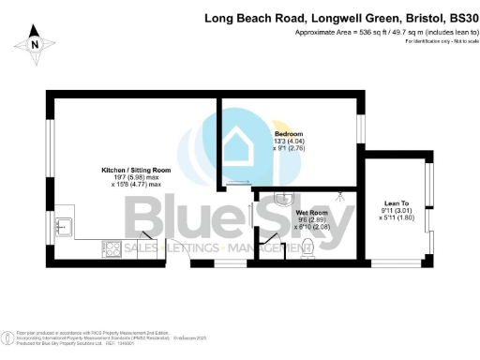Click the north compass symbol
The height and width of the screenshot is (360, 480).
35,42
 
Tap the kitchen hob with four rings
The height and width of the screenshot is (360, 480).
111,248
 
